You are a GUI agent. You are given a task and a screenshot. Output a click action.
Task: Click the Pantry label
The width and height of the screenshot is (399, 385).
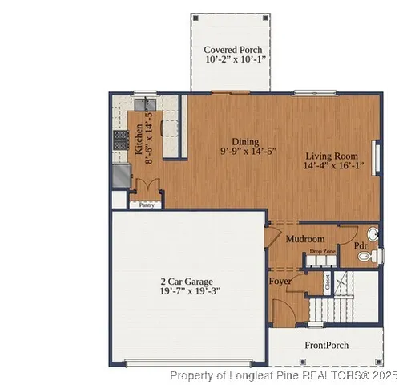(x=147, y=205)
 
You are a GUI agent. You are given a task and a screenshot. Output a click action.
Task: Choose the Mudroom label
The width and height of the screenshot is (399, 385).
(x=305, y=239)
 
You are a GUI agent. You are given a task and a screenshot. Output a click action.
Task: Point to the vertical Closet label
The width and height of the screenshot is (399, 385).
(x=327, y=282)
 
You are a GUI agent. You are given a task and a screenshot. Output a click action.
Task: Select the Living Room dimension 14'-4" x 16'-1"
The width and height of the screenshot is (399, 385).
(x=334, y=166)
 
